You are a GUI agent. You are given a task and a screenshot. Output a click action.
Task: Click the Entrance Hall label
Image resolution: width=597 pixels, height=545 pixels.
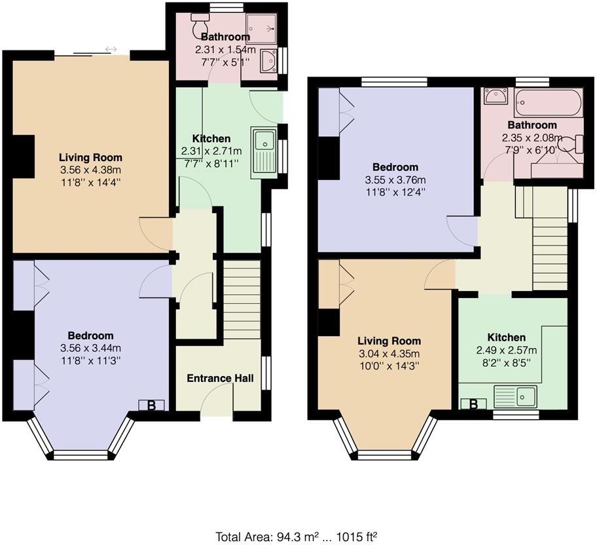pos(220,379)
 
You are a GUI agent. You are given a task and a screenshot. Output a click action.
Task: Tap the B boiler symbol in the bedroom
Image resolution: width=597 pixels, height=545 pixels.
pos(151,405)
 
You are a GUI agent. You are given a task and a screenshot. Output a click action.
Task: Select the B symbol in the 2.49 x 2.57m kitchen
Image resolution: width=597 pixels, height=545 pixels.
pos(473,404)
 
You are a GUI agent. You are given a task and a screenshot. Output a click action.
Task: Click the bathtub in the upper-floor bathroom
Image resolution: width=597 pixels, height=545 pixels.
pos(548,103)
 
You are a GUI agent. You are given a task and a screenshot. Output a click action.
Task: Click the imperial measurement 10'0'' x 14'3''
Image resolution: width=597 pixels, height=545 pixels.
pos(389,366)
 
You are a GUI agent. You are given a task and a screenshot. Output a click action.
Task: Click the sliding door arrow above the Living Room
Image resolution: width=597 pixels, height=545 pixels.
pos(111,49)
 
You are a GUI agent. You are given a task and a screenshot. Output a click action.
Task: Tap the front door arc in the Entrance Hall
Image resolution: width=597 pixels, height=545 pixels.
pos(217,398)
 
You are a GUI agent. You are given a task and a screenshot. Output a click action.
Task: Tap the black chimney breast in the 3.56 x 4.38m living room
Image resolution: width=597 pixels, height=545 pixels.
pos(24,157)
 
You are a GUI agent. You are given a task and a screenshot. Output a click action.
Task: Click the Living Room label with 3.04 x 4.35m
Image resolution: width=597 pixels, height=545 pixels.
pos(389,341)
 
